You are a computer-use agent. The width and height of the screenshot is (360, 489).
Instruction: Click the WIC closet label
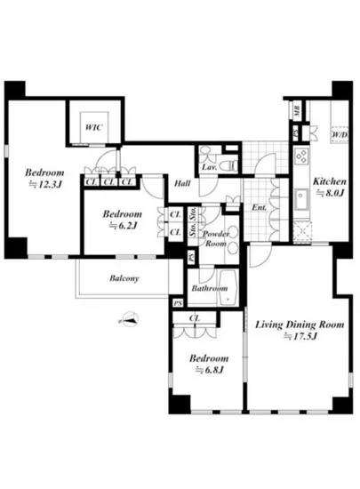coord(93,128)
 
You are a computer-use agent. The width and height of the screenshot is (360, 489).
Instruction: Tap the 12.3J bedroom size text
coord(43,184)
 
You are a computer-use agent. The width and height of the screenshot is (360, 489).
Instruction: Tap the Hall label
coord(182,183)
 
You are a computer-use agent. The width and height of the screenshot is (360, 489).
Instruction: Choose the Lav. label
coord(209,167)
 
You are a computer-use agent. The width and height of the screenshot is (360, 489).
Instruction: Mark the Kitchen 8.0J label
coord(328,192)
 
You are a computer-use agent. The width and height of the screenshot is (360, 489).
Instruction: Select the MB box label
coord(296,111)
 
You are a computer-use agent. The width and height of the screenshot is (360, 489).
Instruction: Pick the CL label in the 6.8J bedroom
coord(195,319)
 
